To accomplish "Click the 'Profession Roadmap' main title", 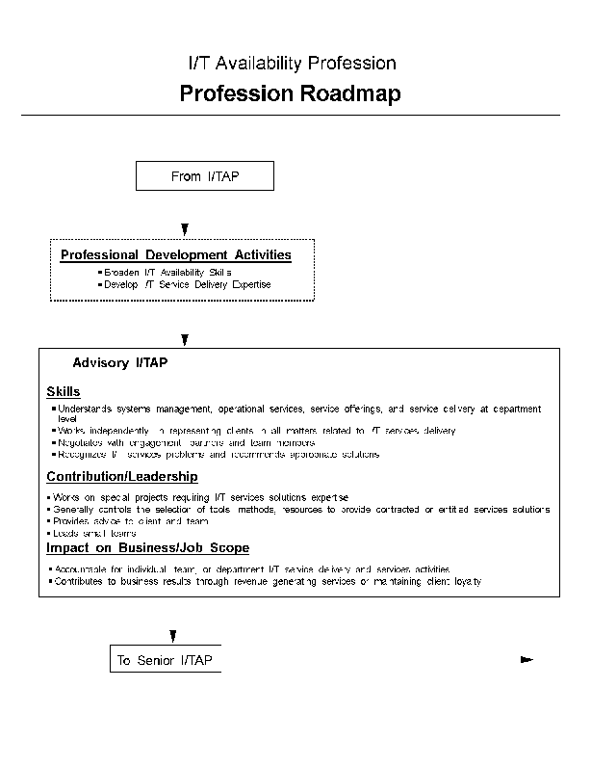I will pos(290,93).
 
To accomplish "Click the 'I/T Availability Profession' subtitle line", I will pos(292,64).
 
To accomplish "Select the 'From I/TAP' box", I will pos(205,176).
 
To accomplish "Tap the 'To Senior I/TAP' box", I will pos(165,660).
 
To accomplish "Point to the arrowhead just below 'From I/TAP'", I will pos(185,229).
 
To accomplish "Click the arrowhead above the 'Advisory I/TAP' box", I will pos(185,339).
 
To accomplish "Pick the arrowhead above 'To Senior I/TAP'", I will pos(172,636).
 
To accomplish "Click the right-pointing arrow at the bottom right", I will pos(526,660).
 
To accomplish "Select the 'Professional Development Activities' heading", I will pos(176,255).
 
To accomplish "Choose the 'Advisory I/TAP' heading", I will pos(120,363).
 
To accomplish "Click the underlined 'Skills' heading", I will pos(64,391).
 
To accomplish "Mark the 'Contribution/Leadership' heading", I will pos(122,476).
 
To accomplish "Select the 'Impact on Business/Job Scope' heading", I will pos(148,547).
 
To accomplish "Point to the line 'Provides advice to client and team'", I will pos(131,520).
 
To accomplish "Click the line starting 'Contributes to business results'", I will pos(268,582).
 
